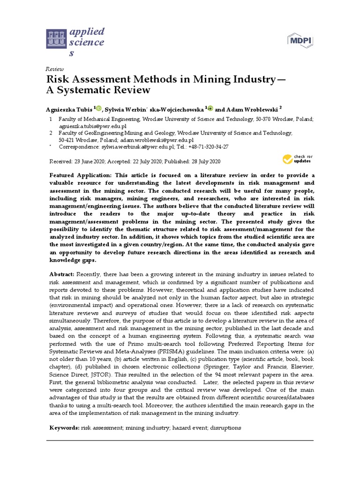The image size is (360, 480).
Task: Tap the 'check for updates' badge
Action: [297, 159]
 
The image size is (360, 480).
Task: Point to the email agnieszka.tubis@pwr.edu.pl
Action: [92, 126]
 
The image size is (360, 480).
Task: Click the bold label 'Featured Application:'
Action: [79, 175]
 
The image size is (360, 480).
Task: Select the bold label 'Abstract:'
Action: [63, 274]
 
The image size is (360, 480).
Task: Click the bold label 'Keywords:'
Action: [65, 428]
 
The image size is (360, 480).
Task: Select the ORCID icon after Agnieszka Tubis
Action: [98, 108]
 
